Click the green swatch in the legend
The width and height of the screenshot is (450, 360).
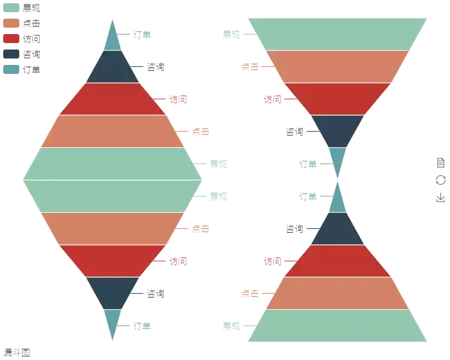pos(11,8)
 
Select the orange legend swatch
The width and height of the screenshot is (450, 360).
pos(11,22)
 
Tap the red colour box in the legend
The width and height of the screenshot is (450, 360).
pos(11,37)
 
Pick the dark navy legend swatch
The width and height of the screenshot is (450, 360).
pos(11,53)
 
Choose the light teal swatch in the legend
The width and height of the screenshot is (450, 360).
pos(11,67)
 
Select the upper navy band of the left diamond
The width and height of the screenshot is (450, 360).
pos(113,67)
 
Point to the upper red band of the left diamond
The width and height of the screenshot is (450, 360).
pos(113,99)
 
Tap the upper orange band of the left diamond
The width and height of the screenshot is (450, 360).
pos(113,131)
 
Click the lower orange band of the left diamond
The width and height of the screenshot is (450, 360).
pos(113,229)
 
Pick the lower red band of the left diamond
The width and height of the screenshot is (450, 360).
pos(113,261)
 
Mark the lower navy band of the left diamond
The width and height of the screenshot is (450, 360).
pos(113,293)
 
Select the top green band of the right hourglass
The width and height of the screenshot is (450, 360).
pos(337,33)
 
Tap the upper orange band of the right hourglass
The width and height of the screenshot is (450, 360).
pos(337,66)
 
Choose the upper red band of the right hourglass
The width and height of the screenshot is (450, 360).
pos(337,99)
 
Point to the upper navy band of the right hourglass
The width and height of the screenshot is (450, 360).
pos(337,131)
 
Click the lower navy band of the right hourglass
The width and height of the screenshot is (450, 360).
pos(337,229)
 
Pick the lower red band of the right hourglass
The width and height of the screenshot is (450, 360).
pos(337,261)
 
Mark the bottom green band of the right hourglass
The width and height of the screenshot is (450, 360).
pos(337,326)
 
